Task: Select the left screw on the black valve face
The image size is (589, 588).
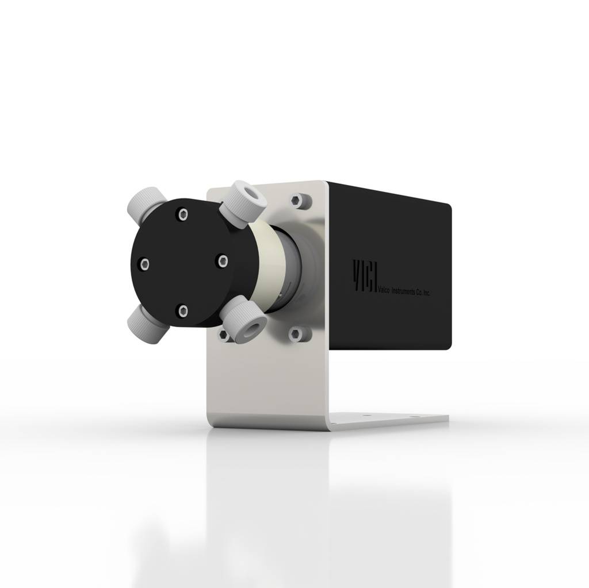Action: click(144, 264)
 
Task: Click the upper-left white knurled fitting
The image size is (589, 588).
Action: click(144, 201)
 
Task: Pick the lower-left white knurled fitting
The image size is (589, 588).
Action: click(144, 324)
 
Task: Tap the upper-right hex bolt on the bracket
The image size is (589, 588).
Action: click(297, 201)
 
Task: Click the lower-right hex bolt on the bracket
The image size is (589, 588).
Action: click(296, 333)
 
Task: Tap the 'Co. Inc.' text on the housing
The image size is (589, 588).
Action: click(423, 293)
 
